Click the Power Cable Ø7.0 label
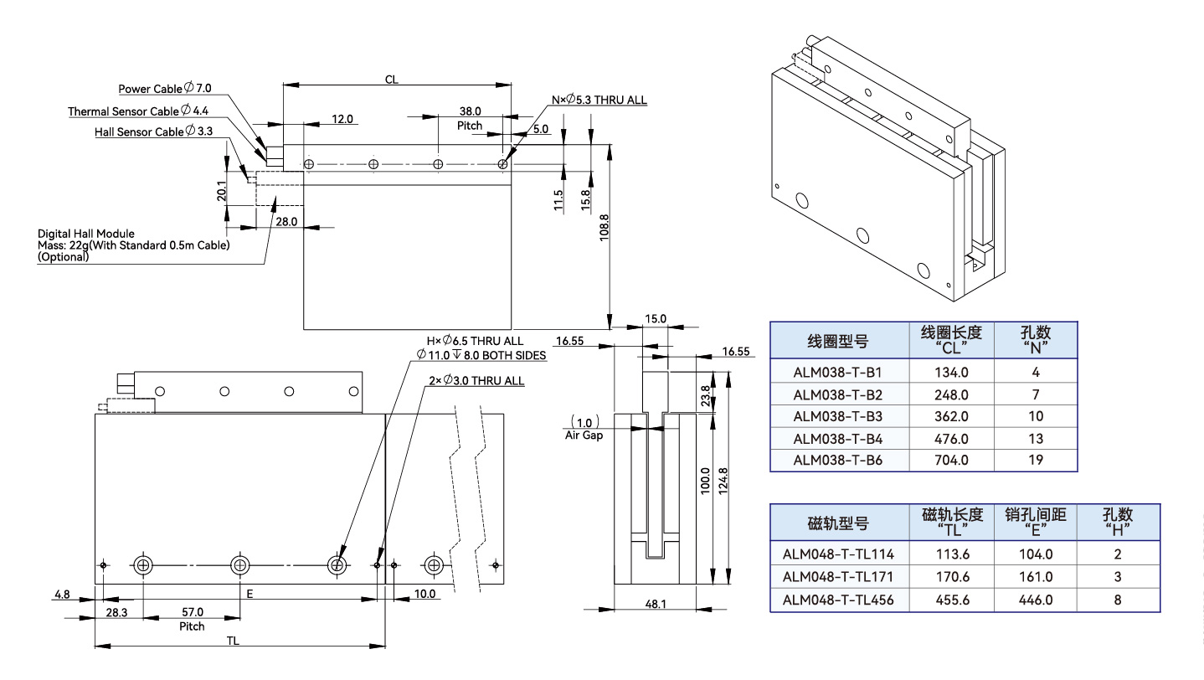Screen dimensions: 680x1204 165,88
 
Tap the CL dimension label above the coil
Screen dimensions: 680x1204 391,80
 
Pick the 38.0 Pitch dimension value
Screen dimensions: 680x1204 470,111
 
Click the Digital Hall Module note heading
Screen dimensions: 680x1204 86,234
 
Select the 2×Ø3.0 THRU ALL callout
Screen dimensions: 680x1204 476,381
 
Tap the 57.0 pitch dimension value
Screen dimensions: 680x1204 192,613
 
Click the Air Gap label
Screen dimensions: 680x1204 584,435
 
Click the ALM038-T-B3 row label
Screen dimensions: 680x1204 838,416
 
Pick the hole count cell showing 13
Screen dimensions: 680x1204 1036,438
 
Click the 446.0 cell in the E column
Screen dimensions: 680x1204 1036,600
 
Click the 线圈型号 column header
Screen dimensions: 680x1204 837,341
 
